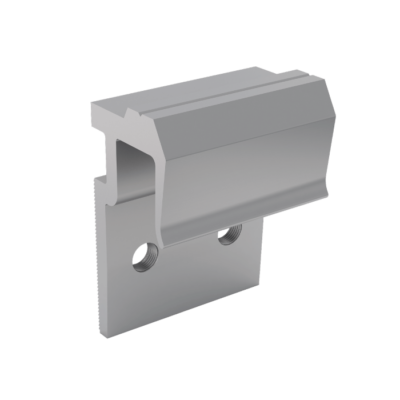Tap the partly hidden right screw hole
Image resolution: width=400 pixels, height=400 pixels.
230,236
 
